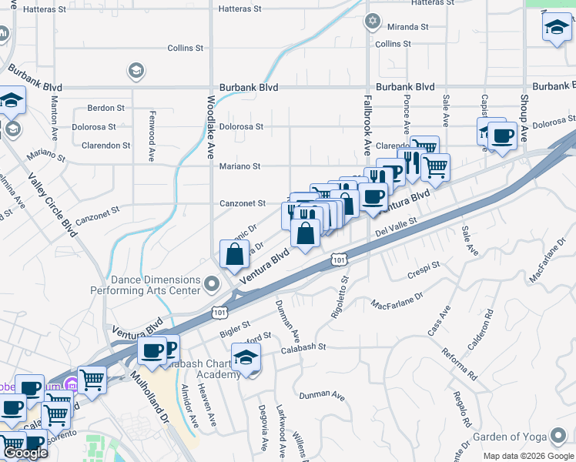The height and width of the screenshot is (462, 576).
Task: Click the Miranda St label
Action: coord(408,27)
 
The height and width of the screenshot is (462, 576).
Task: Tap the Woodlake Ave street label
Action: coord(209,126)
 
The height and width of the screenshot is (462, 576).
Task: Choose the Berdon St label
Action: coord(106,108)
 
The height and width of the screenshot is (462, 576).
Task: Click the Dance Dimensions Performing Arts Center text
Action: coord(146,286)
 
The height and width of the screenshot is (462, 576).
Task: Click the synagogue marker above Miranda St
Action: coord(373,21)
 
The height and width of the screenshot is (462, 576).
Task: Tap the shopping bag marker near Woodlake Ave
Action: coord(234,253)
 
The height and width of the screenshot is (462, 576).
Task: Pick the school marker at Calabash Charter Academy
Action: coord(246,358)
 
